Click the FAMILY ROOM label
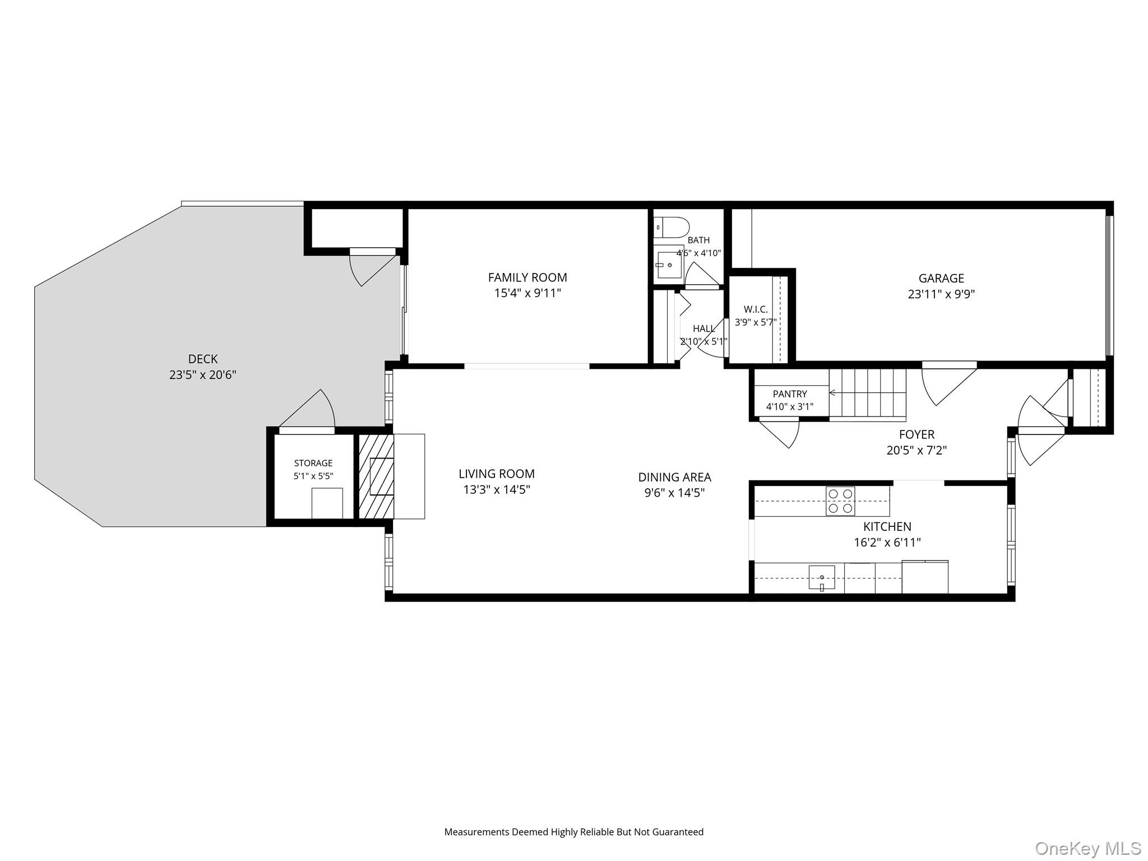527,277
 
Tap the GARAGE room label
941,278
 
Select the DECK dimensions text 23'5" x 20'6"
203,375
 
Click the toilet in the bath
671,227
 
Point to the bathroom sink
669,265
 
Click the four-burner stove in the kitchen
840,501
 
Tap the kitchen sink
822,578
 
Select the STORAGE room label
313,463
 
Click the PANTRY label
790,394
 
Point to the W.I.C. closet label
756,309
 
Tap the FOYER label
916,434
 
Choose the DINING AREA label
674,477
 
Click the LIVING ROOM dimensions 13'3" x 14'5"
497,489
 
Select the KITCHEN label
887,526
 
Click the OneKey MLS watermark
1088,848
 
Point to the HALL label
703,328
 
